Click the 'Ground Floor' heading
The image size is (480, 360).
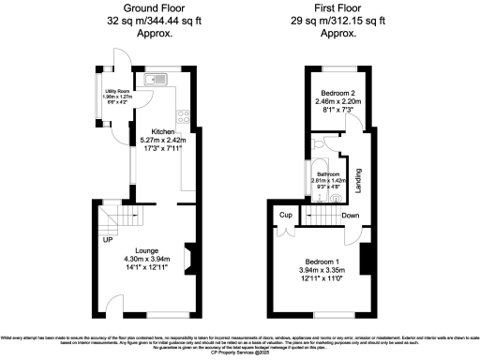click(x=145, y=8)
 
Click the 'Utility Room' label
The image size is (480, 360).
click(x=110, y=91)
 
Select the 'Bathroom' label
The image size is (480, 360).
click(x=329, y=174)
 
